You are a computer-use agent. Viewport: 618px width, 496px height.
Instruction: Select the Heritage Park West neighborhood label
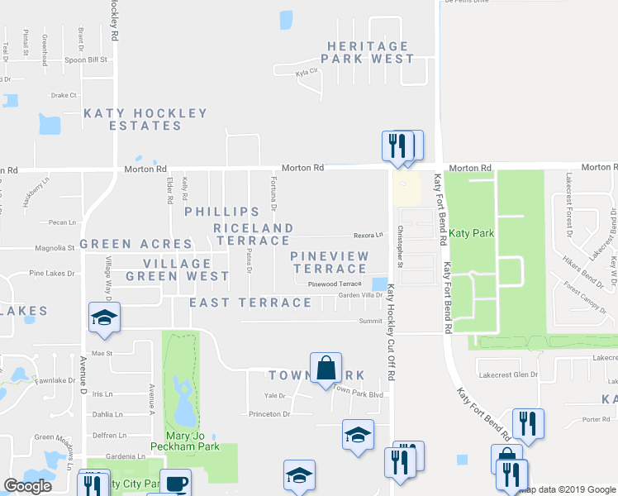point(368,53)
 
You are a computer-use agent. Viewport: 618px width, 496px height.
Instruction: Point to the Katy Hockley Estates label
point(145,119)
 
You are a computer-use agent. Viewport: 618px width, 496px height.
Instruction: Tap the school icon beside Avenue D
point(104,319)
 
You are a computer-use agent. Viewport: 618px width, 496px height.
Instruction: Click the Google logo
point(27,486)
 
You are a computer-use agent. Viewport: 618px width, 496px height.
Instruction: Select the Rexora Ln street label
point(368,235)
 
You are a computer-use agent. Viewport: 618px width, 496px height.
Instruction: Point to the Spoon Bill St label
point(88,60)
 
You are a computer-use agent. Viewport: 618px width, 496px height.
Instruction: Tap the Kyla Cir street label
point(307,73)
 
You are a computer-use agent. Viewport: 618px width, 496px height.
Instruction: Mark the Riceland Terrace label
point(253,234)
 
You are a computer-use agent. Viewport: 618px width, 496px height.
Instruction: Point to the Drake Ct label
point(64,95)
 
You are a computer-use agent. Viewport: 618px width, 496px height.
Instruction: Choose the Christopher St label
point(401,247)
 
